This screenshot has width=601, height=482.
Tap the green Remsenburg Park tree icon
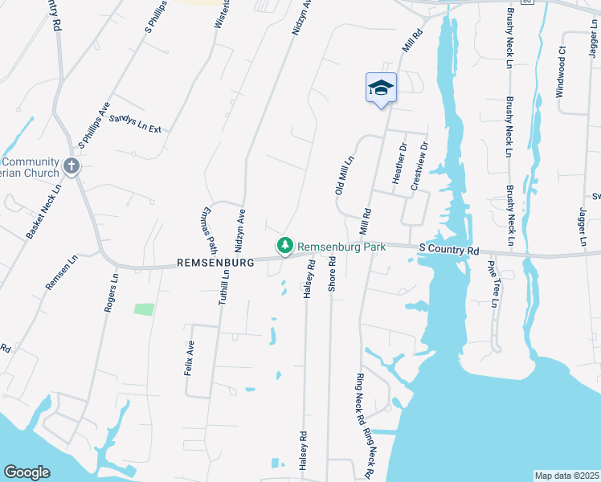(284, 246)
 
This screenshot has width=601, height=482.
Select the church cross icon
(72, 167)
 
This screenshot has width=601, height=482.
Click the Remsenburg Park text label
(341, 247)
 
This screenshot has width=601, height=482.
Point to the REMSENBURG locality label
(215, 262)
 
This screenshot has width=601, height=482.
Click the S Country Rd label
(448, 251)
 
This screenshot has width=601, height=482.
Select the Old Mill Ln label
(343, 176)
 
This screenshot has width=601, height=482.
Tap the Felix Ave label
(191, 357)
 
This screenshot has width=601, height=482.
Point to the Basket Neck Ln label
(43, 214)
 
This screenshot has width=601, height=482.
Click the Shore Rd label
(331, 275)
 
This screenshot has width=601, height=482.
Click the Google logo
(27, 472)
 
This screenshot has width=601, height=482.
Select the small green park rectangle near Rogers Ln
(144, 308)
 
